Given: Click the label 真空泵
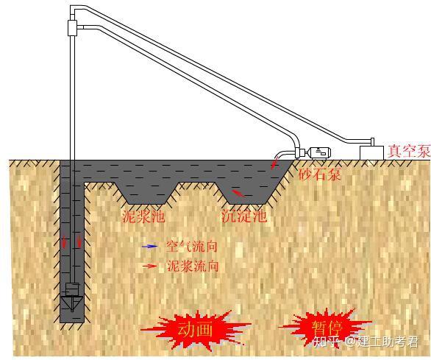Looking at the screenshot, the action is click(409, 151).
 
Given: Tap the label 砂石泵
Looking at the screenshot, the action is click(320, 174).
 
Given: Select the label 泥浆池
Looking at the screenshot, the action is click(143, 216).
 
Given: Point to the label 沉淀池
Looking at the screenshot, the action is click(244, 216).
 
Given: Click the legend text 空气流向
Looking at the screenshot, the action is click(191, 247).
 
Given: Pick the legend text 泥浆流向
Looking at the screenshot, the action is click(193, 266).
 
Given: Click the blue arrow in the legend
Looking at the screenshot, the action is click(149, 247).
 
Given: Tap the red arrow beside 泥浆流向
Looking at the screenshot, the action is click(150, 266).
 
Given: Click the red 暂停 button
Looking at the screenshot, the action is click(327, 328).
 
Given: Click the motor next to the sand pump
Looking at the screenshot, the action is click(319, 152).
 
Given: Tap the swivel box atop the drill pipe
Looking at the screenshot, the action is click(72, 28).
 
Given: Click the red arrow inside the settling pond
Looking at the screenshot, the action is click(238, 193).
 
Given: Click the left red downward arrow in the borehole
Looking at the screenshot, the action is click(64, 241).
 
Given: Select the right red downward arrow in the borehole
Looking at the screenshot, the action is click(79, 241).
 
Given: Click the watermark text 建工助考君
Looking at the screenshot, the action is click(388, 342).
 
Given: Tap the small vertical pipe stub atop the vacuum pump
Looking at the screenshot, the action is click(372, 142).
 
